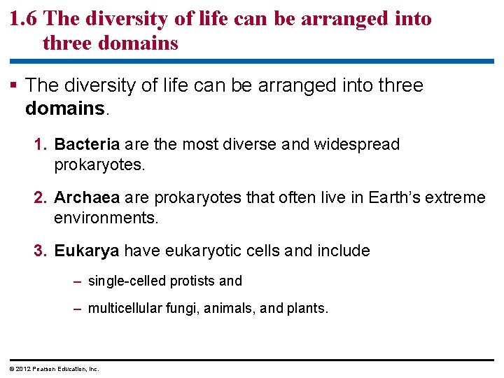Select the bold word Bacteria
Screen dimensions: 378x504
[87, 145]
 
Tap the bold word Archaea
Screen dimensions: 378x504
[86, 197]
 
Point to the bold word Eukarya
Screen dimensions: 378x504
[86, 251]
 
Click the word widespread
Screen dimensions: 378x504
[357, 145]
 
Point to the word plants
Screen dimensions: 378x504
[307, 309]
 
